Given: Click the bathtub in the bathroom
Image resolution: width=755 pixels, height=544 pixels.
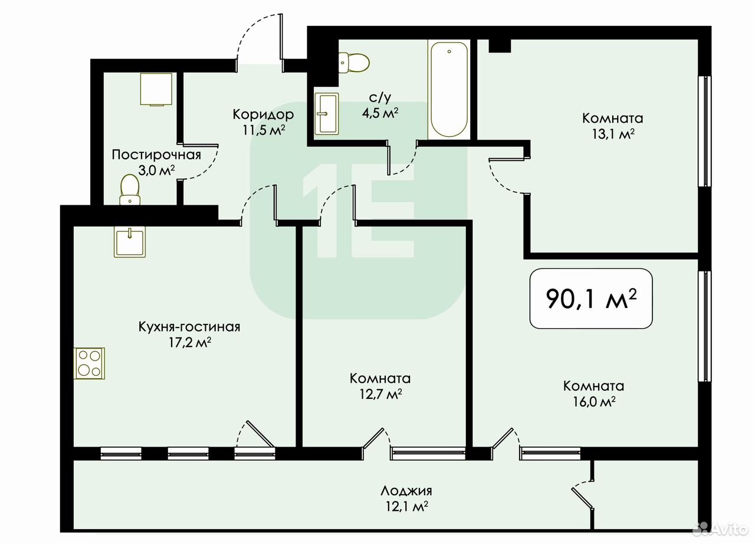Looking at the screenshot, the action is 449,89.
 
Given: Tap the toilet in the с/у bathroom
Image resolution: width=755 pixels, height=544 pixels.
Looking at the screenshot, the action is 354,63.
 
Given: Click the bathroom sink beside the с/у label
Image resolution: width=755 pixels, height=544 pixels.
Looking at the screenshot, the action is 326,114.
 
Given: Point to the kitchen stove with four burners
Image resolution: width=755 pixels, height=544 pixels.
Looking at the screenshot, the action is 89,363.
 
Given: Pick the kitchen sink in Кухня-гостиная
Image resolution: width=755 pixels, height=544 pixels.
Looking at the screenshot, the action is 130,242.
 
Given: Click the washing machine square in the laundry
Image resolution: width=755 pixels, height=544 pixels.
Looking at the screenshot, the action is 156,90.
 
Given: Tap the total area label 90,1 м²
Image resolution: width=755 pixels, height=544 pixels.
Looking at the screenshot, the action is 591,299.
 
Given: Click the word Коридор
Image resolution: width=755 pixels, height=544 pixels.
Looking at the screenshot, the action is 263,114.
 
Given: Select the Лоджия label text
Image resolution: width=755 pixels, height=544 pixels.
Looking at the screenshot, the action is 406,491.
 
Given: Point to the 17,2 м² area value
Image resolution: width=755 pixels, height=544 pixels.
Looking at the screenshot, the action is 190,342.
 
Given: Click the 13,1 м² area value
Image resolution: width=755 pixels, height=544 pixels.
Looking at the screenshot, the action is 613,134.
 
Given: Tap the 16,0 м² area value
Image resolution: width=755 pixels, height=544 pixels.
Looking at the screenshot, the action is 595,401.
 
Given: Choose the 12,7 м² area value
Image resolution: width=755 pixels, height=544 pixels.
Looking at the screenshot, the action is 380,394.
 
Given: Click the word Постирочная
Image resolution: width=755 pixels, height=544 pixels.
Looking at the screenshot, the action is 156,155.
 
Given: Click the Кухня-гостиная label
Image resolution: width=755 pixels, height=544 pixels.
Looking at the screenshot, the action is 189,327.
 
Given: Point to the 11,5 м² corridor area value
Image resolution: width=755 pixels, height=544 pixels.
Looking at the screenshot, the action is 264,130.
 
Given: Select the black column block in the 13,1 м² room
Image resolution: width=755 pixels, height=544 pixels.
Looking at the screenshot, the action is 500,46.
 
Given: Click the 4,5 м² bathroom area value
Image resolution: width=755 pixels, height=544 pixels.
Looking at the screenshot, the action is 380,113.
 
